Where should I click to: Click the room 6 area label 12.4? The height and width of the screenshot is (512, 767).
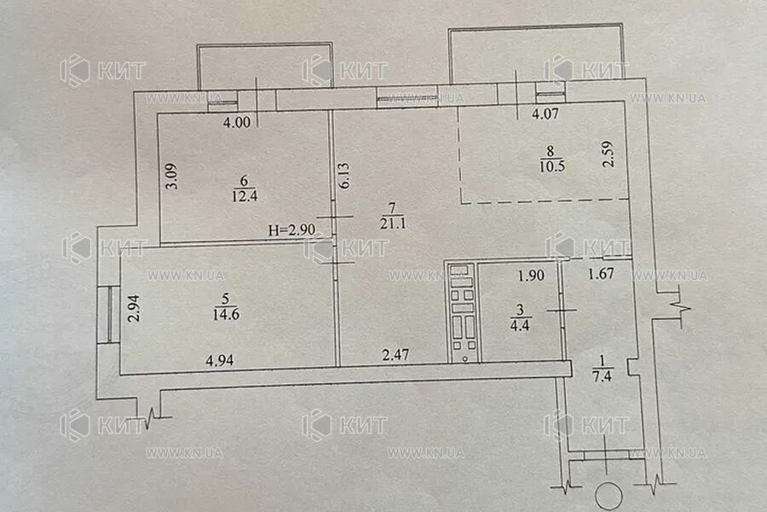tap(245, 196)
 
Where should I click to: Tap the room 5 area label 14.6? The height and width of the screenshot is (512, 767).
tap(226, 314)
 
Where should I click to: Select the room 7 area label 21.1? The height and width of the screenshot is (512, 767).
tap(393, 224)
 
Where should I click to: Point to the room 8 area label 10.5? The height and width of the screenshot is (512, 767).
tap(552, 166)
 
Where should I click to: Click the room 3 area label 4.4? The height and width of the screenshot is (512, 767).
tap(520, 325)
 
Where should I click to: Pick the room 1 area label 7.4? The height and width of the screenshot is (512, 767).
tap(602, 375)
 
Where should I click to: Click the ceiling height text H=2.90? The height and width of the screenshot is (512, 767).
tap(291, 230)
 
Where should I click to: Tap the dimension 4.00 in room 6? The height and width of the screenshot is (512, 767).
tap(237, 122)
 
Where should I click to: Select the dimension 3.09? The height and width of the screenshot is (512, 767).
tap(172, 176)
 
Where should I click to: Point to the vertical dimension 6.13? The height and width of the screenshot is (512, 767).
tap(344, 176)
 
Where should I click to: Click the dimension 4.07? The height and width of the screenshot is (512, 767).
tap(545, 114)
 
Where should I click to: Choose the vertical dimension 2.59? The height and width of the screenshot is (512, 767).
tap(608, 154)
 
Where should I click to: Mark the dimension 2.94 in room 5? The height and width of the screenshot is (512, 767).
tap(134, 308)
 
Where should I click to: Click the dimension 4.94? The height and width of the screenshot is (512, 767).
tap(220, 361)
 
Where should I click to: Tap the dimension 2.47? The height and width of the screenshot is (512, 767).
tap(395, 354)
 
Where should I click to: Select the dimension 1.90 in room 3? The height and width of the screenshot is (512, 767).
tap(531, 276)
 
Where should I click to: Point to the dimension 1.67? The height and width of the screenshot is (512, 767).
tap(601, 273)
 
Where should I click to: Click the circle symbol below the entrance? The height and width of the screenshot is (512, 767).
tap(608, 497)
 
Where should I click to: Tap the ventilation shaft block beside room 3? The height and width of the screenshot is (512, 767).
tap(463, 312)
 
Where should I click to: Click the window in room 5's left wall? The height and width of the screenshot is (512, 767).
tap(108, 315)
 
